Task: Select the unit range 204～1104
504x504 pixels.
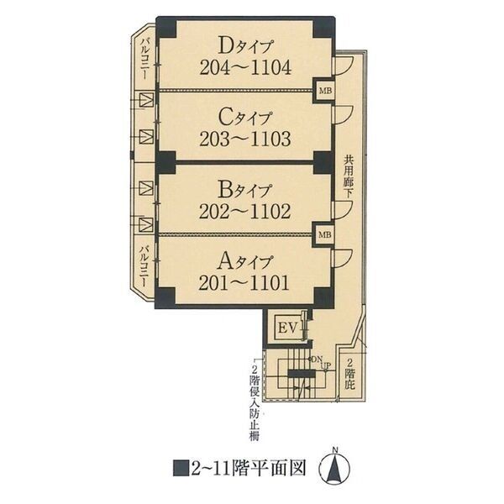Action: pos(245,67)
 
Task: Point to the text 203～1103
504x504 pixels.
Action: pos(245,139)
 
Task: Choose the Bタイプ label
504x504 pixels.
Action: pos(245,187)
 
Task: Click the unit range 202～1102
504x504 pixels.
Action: pos(245,211)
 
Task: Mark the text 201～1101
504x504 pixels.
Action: pos(245,283)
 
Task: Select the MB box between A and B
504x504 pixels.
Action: pos(323,234)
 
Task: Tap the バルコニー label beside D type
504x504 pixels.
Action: pos(145,57)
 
